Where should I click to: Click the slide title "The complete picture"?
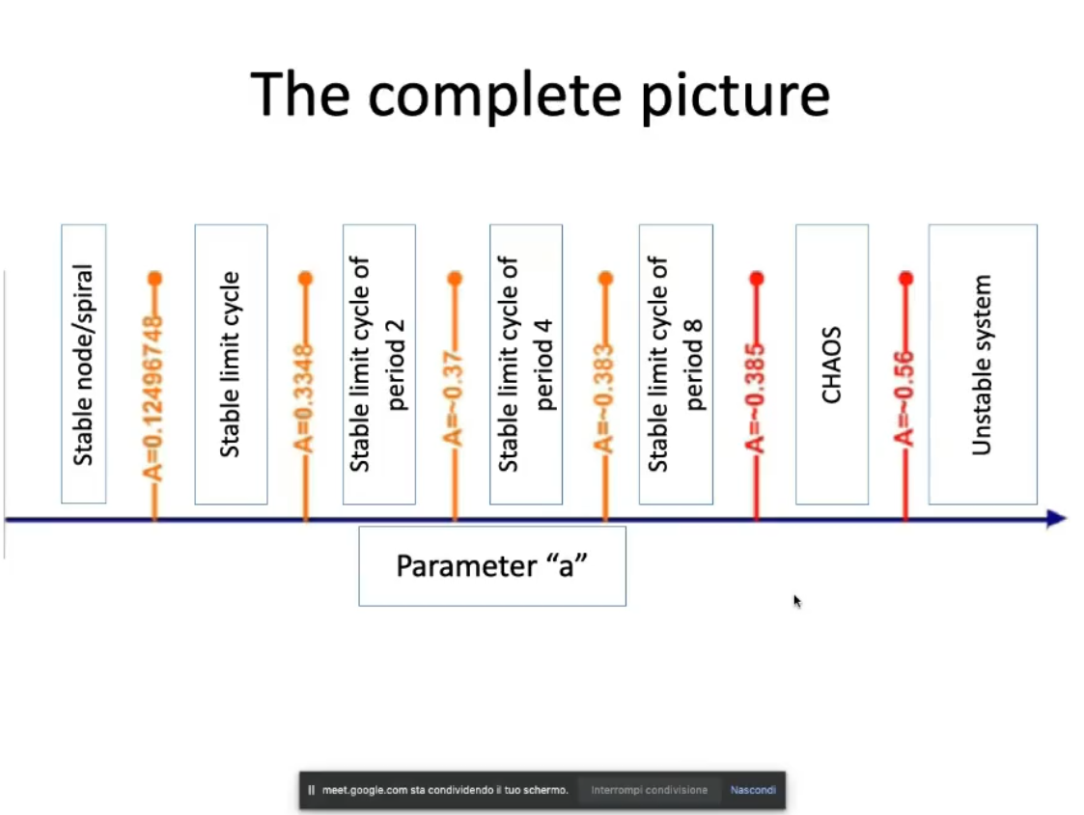[x=541, y=94]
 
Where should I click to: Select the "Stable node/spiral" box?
[x=84, y=364]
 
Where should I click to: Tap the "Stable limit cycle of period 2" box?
[x=379, y=364]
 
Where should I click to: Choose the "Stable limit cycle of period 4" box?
[x=526, y=364]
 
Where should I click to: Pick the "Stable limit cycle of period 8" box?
[x=676, y=364]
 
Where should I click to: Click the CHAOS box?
[x=831, y=364]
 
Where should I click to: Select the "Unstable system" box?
[x=982, y=364]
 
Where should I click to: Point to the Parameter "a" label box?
[x=492, y=565]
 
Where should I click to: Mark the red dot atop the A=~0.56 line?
[x=905, y=279]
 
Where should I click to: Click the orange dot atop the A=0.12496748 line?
[x=154, y=279]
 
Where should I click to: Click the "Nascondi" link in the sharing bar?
[x=753, y=790]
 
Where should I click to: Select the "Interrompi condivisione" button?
[x=649, y=790]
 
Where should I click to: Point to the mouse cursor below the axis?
[x=797, y=601]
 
